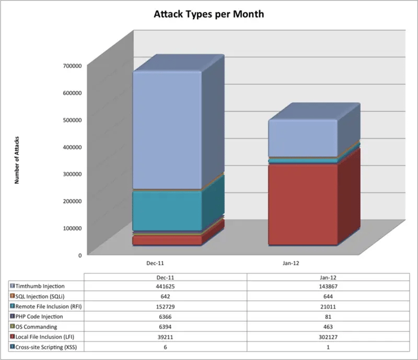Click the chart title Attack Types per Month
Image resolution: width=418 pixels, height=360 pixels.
pos(208,13)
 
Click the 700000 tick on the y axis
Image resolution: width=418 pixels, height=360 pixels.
pos(72,65)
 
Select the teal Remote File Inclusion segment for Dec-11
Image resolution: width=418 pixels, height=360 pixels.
pos(167,210)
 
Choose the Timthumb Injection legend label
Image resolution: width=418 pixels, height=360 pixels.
pos(41,287)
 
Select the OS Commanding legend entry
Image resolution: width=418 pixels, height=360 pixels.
pos(36,327)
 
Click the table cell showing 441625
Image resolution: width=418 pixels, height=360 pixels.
pos(165,287)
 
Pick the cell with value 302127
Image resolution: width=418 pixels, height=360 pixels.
pos(328,337)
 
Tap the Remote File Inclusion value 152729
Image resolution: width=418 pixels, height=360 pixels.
pos(165,307)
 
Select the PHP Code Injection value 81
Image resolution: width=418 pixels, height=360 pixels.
pos(328,316)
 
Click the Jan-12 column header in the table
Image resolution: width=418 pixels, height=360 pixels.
pos(328,277)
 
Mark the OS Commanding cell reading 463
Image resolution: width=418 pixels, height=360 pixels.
pos(328,327)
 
